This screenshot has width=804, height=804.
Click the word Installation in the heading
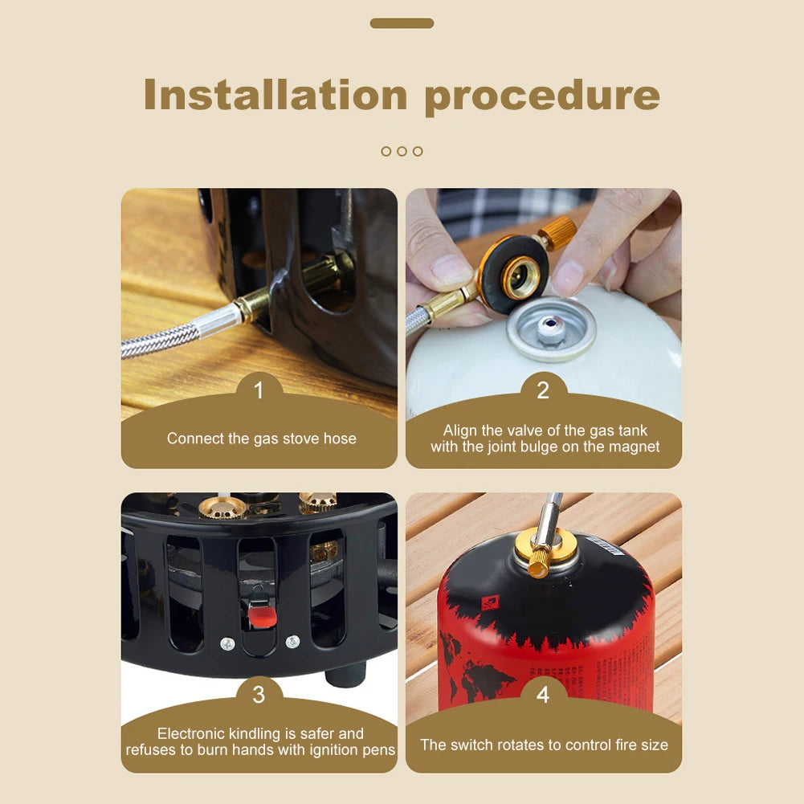(x=275, y=95)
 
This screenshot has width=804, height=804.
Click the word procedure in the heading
(x=542, y=96)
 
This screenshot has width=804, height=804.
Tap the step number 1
(x=259, y=391)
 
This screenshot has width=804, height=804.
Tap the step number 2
(x=543, y=391)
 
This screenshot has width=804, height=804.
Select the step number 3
(x=259, y=695)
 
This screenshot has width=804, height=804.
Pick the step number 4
(x=543, y=695)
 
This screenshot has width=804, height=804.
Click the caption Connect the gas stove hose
(x=261, y=439)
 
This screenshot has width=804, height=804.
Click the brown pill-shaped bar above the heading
(x=402, y=23)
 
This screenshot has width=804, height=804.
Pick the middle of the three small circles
(x=402, y=151)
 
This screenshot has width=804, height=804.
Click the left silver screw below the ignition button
(x=227, y=643)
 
